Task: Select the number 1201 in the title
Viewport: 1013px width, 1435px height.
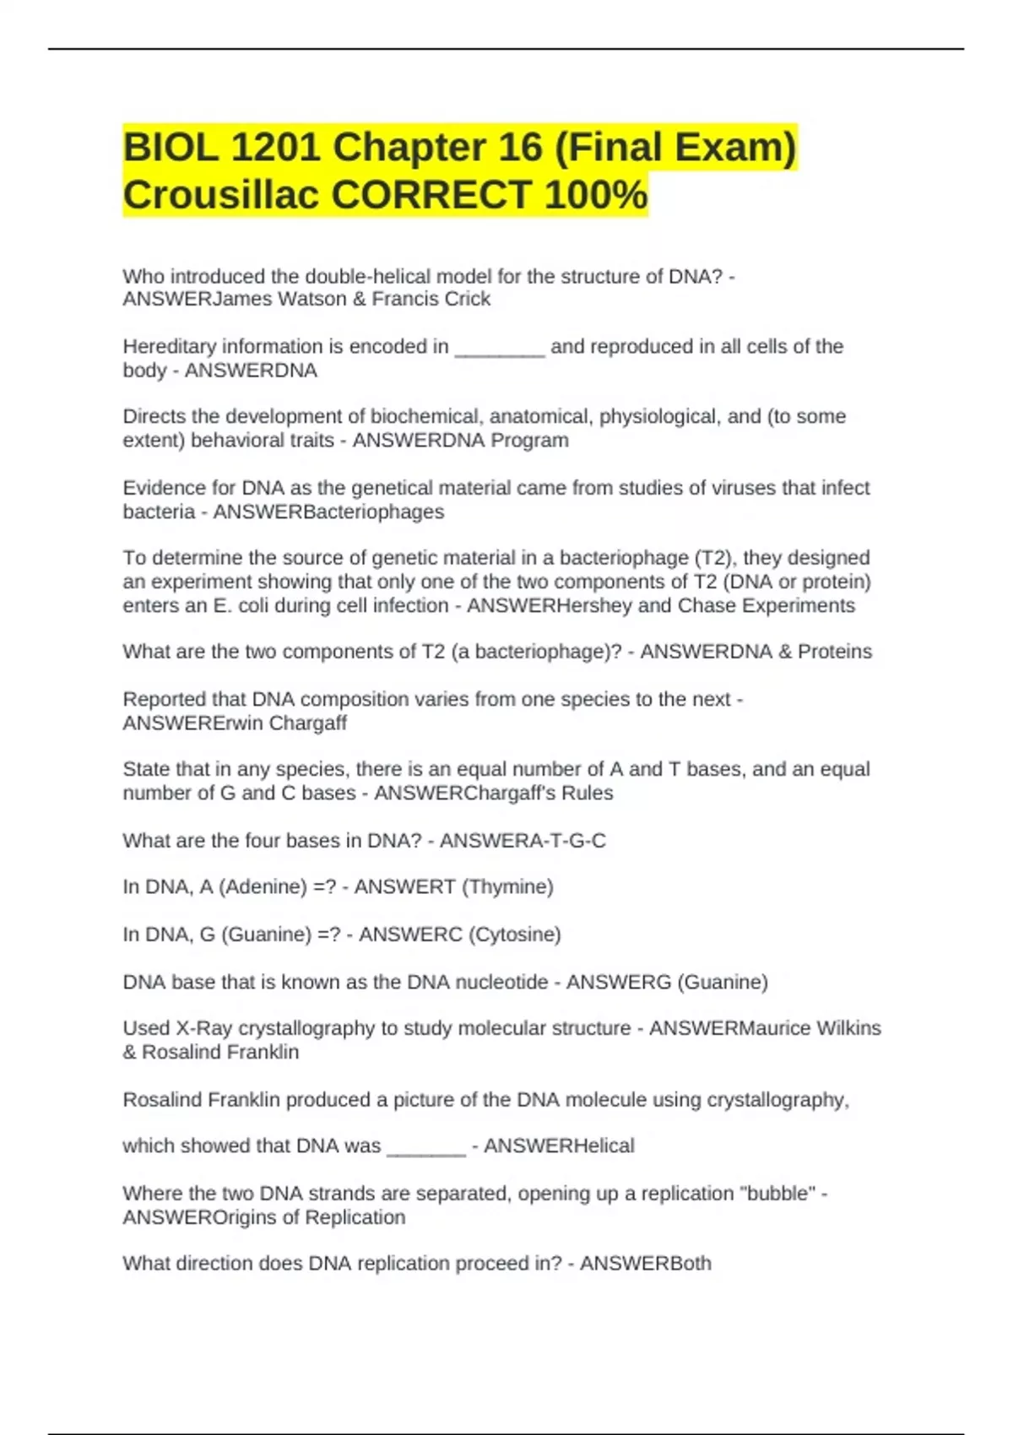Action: point(275,148)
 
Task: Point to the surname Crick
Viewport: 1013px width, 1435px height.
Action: point(468,299)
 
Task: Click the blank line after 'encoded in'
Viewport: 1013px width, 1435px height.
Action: point(500,348)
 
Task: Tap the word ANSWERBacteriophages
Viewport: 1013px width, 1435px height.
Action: point(328,512)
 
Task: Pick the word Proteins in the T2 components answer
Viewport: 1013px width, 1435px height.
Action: point(835,652)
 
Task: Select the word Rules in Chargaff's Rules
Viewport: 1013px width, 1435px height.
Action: point(588,793)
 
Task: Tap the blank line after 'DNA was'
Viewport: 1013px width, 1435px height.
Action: point(426,1147)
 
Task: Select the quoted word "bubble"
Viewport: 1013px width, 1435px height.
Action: point(777,1194)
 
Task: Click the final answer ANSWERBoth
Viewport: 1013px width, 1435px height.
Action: point(646,1264)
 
